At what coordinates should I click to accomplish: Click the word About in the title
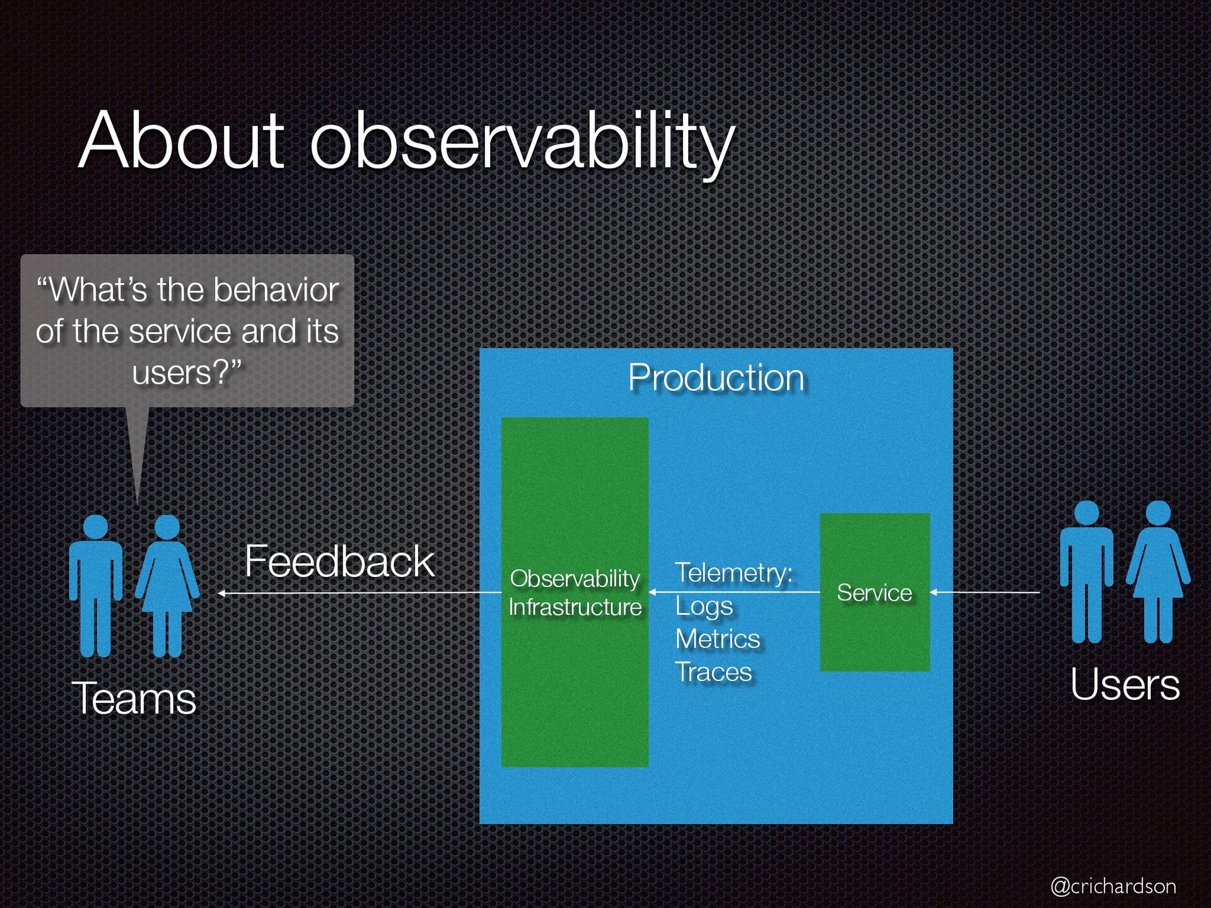tap(182, 140)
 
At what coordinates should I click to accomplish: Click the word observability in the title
tap(522, 144)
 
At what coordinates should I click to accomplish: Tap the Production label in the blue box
tap(716, 378)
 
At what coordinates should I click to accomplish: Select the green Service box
tap(875, 592)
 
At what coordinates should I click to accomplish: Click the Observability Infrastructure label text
tap(575, 593)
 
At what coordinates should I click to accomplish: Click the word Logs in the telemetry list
tap(704, 607)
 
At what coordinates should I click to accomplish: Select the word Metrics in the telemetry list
tap(718, 639)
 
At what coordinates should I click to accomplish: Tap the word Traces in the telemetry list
tap(713, 672)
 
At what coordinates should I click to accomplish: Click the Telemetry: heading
tap(734, 573)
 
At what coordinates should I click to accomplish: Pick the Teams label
tap(134, 699)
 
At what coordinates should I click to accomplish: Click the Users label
tap(1125, 684)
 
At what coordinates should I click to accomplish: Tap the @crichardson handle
tap(1113, 886)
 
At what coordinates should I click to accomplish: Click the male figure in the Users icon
tap(1087, 572)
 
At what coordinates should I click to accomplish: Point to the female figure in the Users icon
tap(1158, 572)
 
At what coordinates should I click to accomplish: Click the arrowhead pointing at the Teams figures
tap(221, 593)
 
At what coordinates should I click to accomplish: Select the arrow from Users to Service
tap(985, 592)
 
